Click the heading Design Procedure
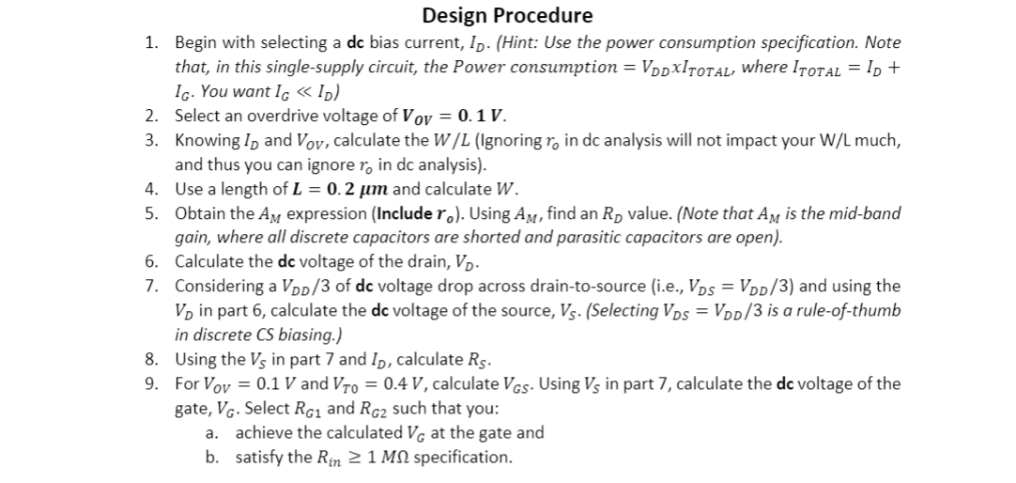tap(507, 15)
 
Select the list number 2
tap(150, 117)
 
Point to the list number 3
tap(150, 141)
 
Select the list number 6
tap(150, 261)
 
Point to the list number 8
tap(150, 358)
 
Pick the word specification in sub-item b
tap(463, 458)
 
